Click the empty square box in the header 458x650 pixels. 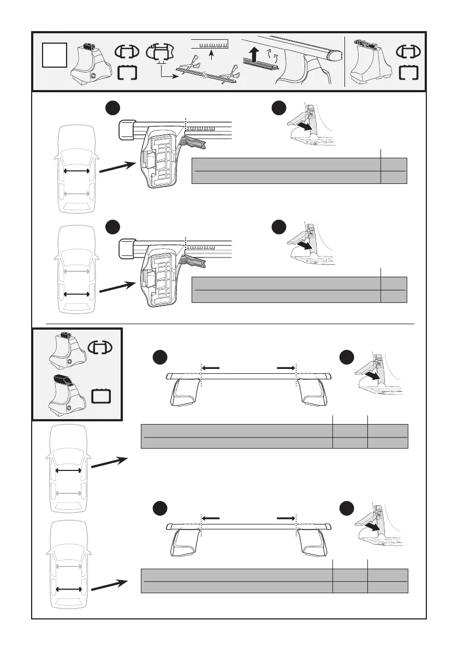tap(56, 55)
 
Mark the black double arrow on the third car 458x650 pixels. tap(68, 470)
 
